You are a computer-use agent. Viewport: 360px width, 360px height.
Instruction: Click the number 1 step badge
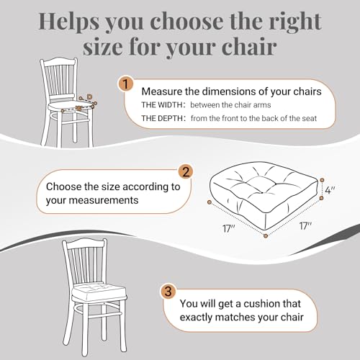pos(126,84)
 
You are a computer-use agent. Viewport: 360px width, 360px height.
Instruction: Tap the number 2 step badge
pos(186,171)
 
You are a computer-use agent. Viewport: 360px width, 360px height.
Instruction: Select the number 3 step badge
pos(168,292)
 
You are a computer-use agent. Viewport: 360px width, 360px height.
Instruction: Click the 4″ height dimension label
pos(330,190)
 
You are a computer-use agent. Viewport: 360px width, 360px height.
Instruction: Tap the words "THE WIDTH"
pos(161,105)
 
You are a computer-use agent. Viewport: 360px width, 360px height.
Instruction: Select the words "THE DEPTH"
pos(162,118)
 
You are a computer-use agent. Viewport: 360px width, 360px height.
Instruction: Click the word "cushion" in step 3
pos(261,304)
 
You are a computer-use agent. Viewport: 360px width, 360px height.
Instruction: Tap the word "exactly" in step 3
pos(196,318)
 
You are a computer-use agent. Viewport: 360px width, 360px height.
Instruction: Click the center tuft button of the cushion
pos(262,192)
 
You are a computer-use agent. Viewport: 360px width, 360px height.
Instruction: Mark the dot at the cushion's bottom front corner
pos(266,236)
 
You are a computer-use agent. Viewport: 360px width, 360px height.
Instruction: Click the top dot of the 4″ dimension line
pos(322,180)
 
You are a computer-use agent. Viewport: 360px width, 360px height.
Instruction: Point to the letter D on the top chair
pos(89,96)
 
